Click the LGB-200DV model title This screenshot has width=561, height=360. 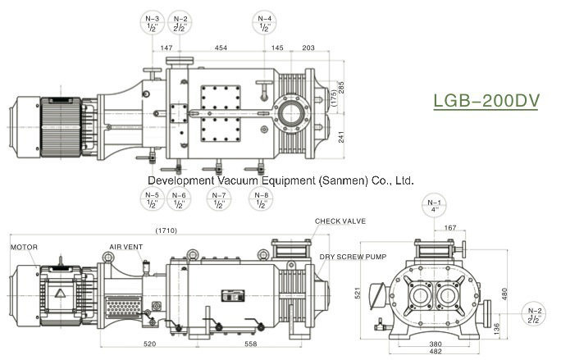click(485, 101)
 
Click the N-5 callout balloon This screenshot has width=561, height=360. click(152, 199)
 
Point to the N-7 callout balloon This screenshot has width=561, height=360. click(179, 199)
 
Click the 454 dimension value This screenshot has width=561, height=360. click(221, 48)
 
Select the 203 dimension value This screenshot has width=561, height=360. click(308, 48)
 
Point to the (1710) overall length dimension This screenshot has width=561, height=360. click(166, 230)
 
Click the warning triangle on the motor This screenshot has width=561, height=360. click(62, 293)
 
